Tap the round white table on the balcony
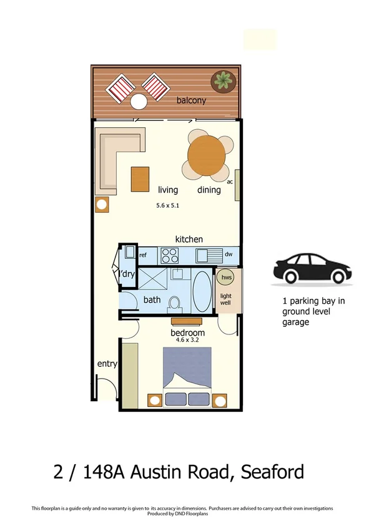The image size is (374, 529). pyautogui.click(x=138, y=101)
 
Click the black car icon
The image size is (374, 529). pyautogui.click(x=310, y=269)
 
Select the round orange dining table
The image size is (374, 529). pyautogui.click(x=205, y=154)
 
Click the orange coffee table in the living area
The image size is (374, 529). pyautogui.click(x=140, y=179)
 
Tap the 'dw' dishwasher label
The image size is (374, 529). pyautogui.click(x=228, y=255)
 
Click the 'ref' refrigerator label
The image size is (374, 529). pyautogui.click(x=143, y=255)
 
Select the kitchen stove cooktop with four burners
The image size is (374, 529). pyautogui.click(x=170, y=255)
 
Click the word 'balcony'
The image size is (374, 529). pyautogui.click(x=191, y=100)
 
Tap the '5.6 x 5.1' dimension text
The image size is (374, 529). pyautogui.click(x=167, y=205)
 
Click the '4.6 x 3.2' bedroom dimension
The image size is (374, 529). pyautogui.click(x=188, y=341)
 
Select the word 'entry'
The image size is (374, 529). pyautogui.click(x=107, y=364)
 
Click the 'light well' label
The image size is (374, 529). pyautogui.click(x=225, y=298)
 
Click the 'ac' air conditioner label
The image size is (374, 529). pyautogui.click(x=230, y=182)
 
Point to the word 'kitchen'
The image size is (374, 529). pyautogui.click(x=189, y=239)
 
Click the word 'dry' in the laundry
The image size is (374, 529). pyautogui.click(x=129, y=274)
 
